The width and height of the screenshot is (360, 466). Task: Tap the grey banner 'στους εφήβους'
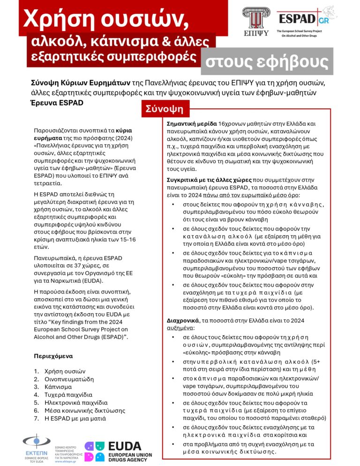268,61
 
